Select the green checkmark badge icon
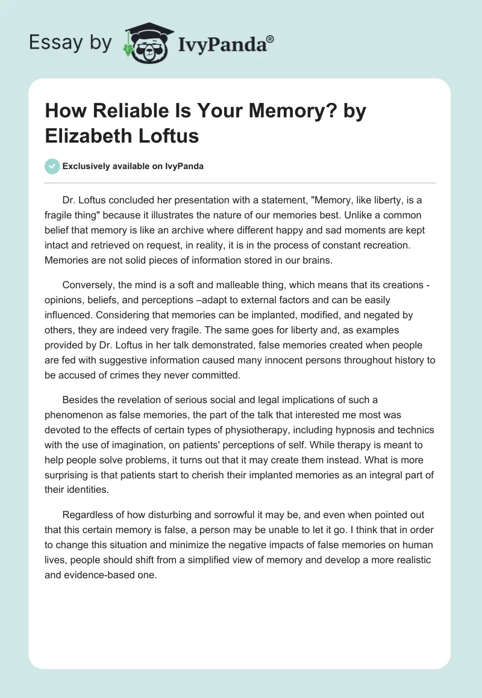pos(52,167)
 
